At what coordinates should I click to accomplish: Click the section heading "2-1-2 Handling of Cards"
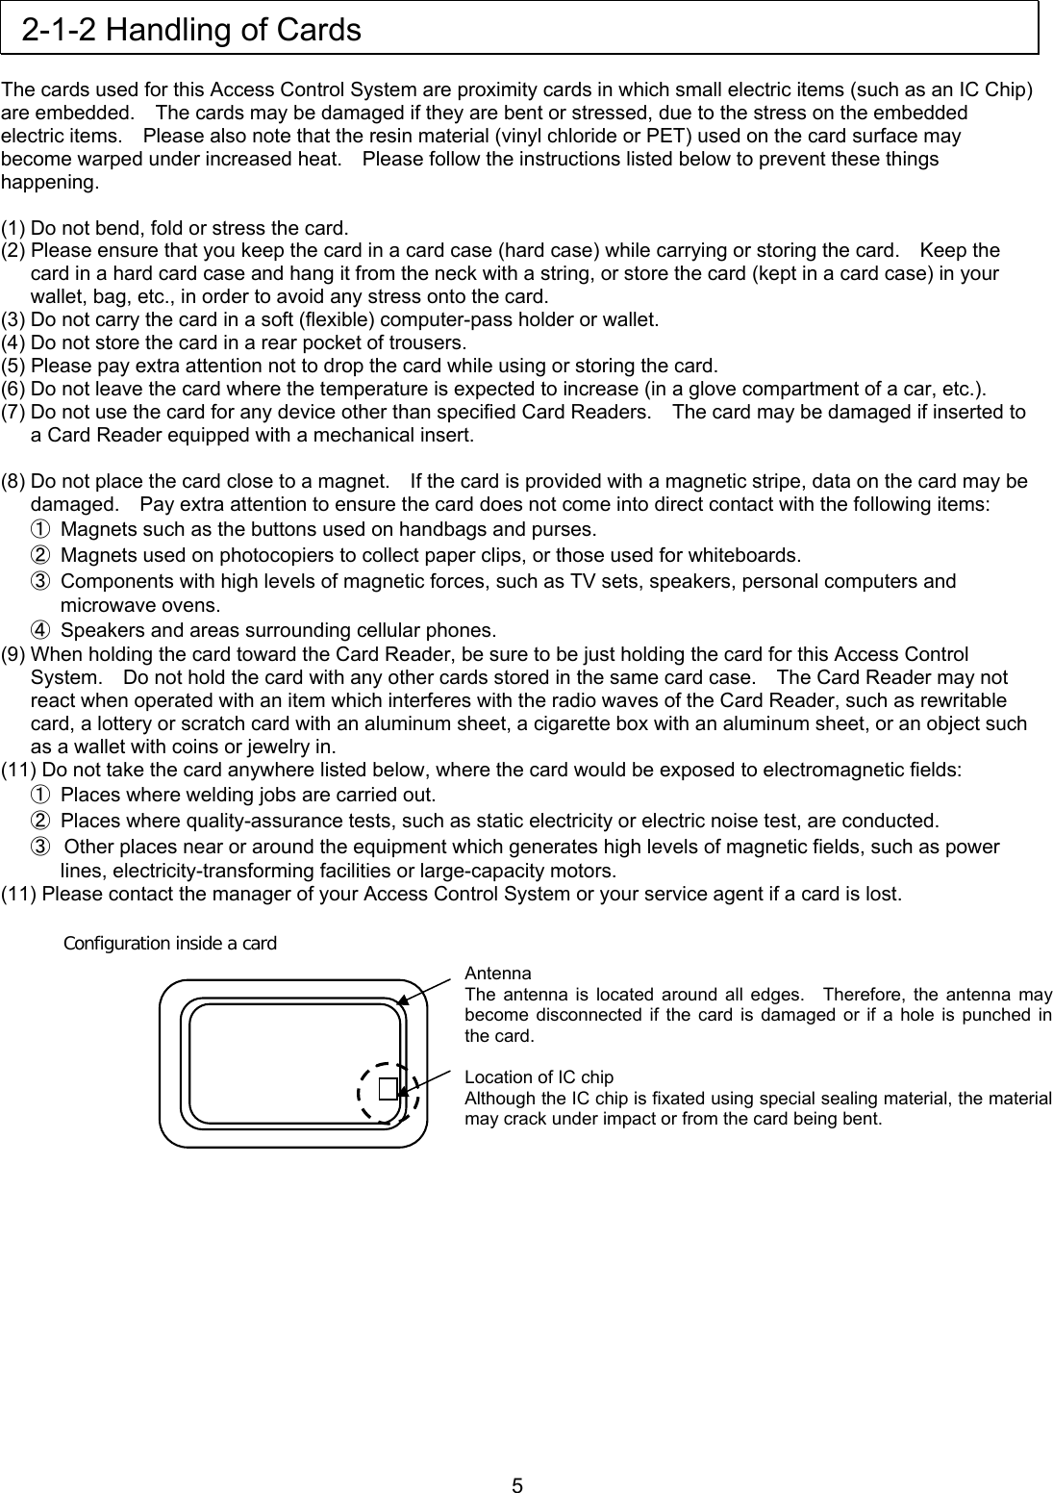[x=191, y=31]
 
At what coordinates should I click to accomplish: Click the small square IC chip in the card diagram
[x=388, y=1088]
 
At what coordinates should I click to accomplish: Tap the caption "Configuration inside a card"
[x=169, y=943]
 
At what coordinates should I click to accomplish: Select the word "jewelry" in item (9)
[x=271, y=746]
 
